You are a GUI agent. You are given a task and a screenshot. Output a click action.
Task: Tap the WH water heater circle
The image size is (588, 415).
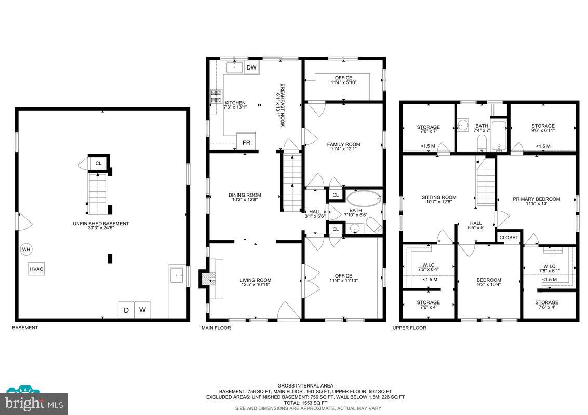(26, 250)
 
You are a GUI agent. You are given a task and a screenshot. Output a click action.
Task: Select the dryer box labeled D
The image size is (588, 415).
(126, 310)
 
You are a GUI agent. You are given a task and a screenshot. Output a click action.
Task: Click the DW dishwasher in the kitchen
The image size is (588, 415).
(251, 68)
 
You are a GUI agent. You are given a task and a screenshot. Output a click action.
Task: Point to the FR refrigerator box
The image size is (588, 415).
(247, 142)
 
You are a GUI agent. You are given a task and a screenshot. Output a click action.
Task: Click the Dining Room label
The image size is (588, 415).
(245, 198)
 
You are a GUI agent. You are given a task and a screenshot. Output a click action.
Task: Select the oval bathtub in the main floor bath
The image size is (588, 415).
(363, 199)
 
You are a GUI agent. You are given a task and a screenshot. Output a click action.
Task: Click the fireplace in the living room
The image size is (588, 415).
(209, 279)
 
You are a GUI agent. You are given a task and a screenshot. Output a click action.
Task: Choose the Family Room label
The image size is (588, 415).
(343, 147)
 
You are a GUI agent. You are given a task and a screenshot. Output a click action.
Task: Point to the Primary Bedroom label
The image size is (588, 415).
(536, 201)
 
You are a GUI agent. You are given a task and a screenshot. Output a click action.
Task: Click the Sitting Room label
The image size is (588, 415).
(439, 200)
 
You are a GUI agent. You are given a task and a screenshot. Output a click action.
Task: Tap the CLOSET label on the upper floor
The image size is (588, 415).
(509, 238)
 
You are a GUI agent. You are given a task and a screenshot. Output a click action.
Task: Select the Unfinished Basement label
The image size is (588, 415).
(101, 226)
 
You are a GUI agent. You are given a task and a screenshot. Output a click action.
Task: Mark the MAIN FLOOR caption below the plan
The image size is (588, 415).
(216, 328)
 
